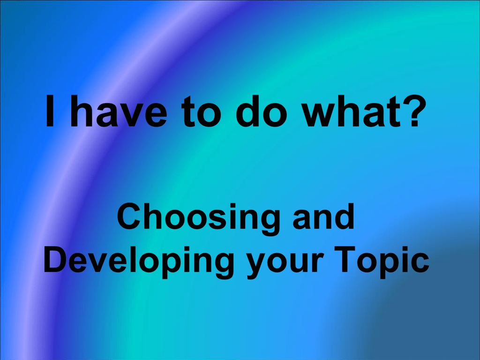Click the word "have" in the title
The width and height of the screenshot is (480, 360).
point(119,111)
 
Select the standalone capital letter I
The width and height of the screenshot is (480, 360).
point(50,111)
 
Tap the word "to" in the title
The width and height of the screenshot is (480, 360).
point(201,112)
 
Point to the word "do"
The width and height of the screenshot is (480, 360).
point(262,111)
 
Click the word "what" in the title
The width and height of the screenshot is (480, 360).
point(351,111)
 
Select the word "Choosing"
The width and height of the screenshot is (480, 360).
point(198,219)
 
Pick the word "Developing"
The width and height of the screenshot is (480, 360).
point(139,262)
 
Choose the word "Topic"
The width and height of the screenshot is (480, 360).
point(382,262)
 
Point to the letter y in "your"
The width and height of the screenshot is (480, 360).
point(257,266)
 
